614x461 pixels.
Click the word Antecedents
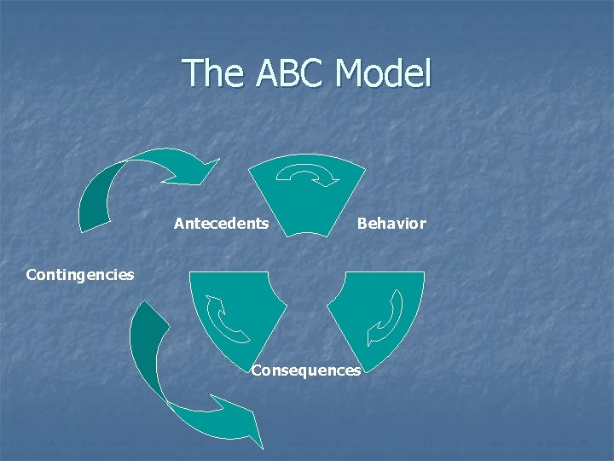coord(221,224)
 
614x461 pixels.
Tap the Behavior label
coord(391,224)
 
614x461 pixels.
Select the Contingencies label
coord(80,275)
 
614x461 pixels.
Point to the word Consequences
coord(306,371)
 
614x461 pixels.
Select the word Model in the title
coord(384,73)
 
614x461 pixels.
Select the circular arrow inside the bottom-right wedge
coord(387,318)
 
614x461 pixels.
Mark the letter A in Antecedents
coord(179,224)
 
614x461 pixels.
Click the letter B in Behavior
coord(362,224)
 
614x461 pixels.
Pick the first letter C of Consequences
coord(257,371)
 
